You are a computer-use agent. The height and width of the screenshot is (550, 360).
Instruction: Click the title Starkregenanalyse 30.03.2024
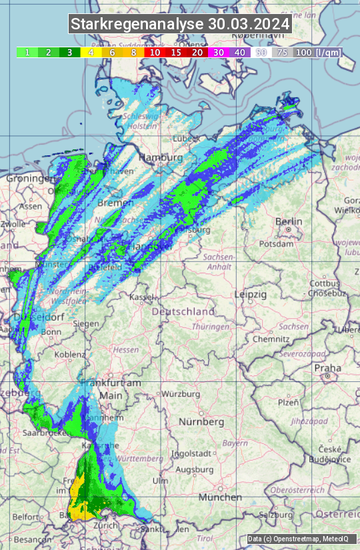tap(180, 24)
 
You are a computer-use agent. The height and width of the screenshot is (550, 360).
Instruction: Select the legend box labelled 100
tap(303, 52)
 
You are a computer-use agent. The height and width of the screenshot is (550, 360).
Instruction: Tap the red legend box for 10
tap(155, 52)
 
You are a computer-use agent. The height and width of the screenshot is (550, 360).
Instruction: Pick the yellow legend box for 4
tap(91, 52)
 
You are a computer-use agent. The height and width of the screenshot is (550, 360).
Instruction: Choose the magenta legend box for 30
tap(218, 52)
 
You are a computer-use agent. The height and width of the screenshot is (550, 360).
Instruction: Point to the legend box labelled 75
tap(282, 52)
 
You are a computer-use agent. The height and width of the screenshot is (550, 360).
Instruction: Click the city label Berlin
tap(289, 221)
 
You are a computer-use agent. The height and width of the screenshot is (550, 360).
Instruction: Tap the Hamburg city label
tap(160, 157)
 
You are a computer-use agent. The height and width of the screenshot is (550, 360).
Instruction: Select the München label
tap(219, 497)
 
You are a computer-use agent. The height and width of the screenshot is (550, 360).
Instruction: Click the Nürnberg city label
tap(201, 422)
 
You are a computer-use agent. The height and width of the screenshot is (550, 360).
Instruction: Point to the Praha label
tap(327, 368)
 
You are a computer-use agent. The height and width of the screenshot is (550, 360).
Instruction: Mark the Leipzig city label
tap(251, 294)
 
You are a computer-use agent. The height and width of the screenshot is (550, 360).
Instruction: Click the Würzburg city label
tap(181, 394)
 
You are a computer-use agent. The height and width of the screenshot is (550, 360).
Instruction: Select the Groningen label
tap(29, 179)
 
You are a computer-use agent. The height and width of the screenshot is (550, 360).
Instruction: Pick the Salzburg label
tap(277, 515)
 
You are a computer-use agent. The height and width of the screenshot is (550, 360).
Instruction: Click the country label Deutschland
tap(183, 311)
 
